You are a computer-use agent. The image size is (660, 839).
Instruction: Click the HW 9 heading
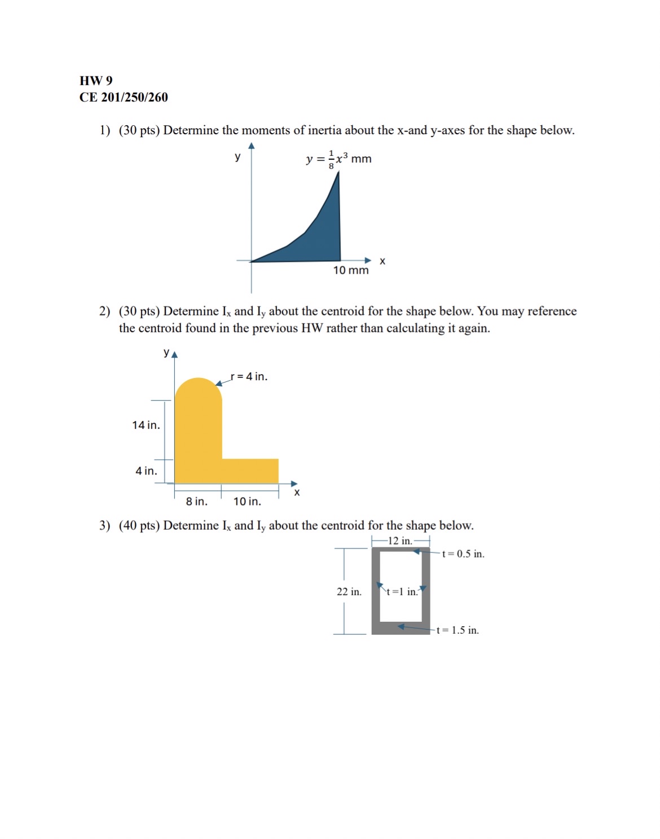tap(96, 81)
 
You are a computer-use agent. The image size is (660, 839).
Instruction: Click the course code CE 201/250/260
tap(124, 98)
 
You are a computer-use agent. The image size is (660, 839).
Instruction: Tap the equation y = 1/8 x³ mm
tap(338, 159)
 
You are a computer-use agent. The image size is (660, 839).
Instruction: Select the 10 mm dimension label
tap(350, 270)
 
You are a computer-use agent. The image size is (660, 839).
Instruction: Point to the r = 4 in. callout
tap(249, 376)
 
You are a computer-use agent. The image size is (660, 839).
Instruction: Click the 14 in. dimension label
tap(146, 425)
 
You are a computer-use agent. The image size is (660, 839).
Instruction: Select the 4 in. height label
tap(146, 471)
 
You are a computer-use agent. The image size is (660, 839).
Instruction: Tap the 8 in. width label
tap(196, 501)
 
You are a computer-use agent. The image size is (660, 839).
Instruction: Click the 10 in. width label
tap(247, 501)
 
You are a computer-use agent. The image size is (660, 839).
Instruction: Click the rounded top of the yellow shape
tap(198, 389)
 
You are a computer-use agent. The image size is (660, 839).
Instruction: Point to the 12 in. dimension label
tap(400, 541)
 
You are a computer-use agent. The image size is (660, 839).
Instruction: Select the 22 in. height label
tap(349, 591)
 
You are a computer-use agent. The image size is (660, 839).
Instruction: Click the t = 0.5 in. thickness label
tap(463, 554)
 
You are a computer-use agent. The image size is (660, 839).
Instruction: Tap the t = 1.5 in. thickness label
tap(457, 630)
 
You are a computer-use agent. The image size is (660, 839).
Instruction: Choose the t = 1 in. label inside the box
tap(402, 591)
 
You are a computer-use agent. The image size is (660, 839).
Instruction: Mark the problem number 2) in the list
tap(104, 311)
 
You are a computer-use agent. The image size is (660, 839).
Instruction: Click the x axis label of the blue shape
tap(382, 261)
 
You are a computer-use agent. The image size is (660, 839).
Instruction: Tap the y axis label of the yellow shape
tap(166, 352)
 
